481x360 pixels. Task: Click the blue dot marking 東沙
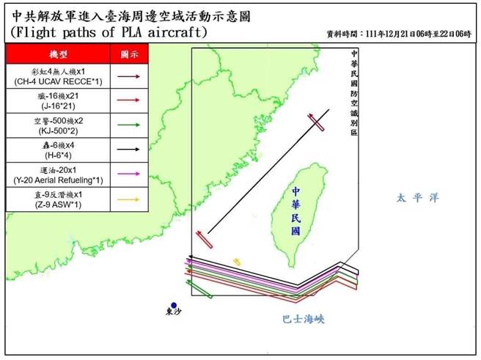tap(174, 305)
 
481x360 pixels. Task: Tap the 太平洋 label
tap(416, 198)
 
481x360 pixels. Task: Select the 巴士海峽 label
tap(303, 320)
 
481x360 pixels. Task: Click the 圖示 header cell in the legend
tap(129, 54)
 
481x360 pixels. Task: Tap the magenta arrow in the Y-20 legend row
tap(129, 173)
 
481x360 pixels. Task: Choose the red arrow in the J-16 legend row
tap(129, 98)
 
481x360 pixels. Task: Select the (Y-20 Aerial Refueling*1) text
tap(56, 179)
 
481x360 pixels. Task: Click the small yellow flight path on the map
tap(237, 262)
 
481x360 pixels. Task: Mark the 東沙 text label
tap(174, 315)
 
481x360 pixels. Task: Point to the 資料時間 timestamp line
tap(398, 34)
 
